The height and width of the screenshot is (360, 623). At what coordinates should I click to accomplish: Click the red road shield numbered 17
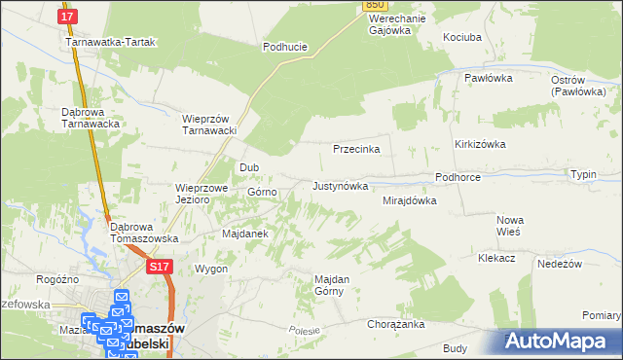click(66, 18)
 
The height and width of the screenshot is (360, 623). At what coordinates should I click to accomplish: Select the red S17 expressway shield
click(161, 266)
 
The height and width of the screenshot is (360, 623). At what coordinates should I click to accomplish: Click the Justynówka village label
click(340, 185)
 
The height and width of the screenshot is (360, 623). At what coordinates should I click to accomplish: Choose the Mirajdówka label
click(410, 200)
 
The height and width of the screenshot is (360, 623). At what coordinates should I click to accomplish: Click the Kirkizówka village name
click(481, 143)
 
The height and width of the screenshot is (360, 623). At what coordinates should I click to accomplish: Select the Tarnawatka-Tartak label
click(111, 43)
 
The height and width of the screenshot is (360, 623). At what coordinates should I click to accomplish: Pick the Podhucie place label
click(285, 46)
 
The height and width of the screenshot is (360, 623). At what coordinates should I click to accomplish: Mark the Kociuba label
click(462, 36)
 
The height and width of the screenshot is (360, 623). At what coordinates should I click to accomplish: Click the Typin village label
click(584, 174)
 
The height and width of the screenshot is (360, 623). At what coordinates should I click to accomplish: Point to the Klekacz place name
click(495, 259)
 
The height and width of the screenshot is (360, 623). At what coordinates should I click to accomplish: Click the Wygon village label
click(211, 269)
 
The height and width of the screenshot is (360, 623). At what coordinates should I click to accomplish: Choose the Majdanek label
click(244, 234)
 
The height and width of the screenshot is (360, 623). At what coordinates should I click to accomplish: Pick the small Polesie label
click(304, 331)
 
